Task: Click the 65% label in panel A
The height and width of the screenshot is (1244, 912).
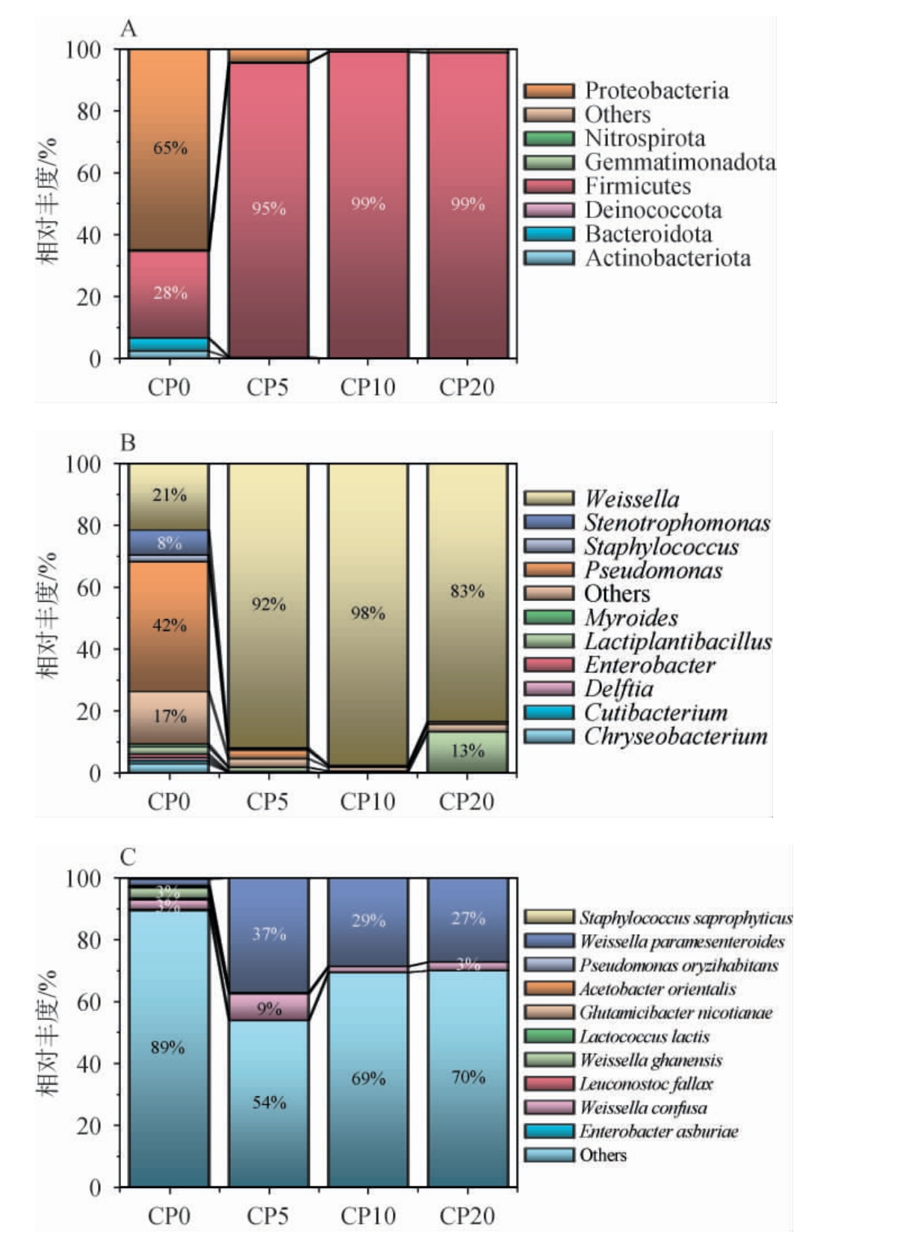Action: click(x=170, y=148)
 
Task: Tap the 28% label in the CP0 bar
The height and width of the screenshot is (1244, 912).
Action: click(x=170, y=293)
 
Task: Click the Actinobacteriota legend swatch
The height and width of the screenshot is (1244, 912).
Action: click(x=549, y=258)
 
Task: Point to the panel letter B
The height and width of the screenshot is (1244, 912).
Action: click(x=128, y=443)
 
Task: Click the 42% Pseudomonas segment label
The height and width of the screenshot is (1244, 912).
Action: click(x=170, y=625)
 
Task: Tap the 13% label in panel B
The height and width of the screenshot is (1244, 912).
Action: click(x=468, y=751)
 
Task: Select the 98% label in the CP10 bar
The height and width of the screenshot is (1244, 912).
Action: click(x=368, y=614)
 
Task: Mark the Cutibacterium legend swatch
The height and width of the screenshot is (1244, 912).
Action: click(x=549, y=713)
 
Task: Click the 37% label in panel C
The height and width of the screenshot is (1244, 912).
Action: click(x=269, y=934)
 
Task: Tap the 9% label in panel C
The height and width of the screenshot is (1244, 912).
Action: click(x=269, y=1009)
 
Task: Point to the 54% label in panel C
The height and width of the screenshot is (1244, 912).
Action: click(x=269, y=1102)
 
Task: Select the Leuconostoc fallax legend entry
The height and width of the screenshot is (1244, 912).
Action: click(x=646, y=1083)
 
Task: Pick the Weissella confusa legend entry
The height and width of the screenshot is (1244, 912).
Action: click(x=643, y=1107)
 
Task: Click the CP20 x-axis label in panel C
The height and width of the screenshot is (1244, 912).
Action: click(x=467, y=1216)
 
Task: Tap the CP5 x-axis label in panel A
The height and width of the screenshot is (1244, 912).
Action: click(x=267, y=387)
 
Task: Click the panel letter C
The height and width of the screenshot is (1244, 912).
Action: click(x=128, y=856)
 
